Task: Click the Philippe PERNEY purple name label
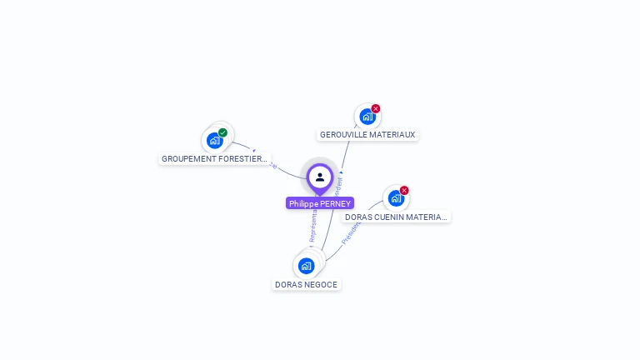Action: pyautogui.click(x=320, y=203)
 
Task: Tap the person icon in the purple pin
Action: pyautogui.click(x=320, y=177)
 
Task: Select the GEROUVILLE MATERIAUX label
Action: pyautogui.click(x=367, y=134)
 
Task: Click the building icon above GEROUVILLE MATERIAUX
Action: pyautogui.click(x=367, y=117)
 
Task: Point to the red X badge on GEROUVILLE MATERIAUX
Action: pyautogui.click(x=376, y=108)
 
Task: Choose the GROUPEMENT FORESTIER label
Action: pyautogui.click(x=215, y=158)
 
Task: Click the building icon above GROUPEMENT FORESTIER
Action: pyautogui.click(x=215, y=140)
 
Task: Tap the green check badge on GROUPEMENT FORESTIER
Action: pyautogui.click(x=223, y=132)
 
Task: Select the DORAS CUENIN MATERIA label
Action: pyautogui.click(x=396, y=217)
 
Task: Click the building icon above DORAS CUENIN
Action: pyautogui.click(x=396, y=198)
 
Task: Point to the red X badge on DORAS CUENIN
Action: pyautogui.click(x=404, y=190)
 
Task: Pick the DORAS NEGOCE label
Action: pyautogui.click(x=307, y=284)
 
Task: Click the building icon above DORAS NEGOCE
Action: pyautogui.click(x=306, y=266)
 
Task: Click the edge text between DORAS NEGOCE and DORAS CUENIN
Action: pyautogui.click(x=349, y=232)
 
